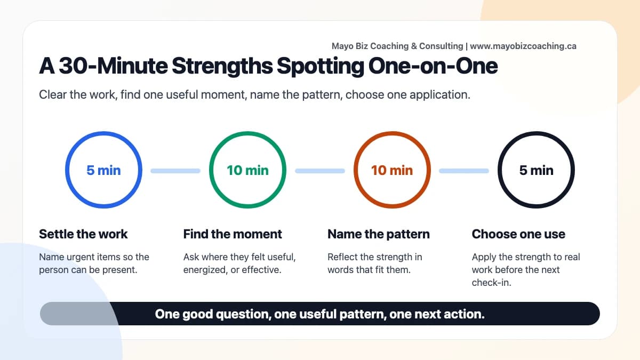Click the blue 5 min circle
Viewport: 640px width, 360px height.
point(103,171)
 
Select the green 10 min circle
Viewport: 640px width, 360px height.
point(247,171)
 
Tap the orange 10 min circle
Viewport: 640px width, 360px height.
point(392,171)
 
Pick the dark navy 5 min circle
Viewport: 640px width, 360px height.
point(536,171)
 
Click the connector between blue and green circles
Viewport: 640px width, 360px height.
point(175,171)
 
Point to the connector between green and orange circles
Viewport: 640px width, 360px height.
point(320,171)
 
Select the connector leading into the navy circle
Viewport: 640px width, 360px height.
point(464,171)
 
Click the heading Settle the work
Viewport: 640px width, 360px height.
point(84,234)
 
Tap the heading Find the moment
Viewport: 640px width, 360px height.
point(233,234)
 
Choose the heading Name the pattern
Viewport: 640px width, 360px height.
point(378,234)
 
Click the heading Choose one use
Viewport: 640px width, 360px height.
point(518,234)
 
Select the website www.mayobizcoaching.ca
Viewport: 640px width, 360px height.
point(523,46)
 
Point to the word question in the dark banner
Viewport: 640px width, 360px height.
point(243,314)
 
